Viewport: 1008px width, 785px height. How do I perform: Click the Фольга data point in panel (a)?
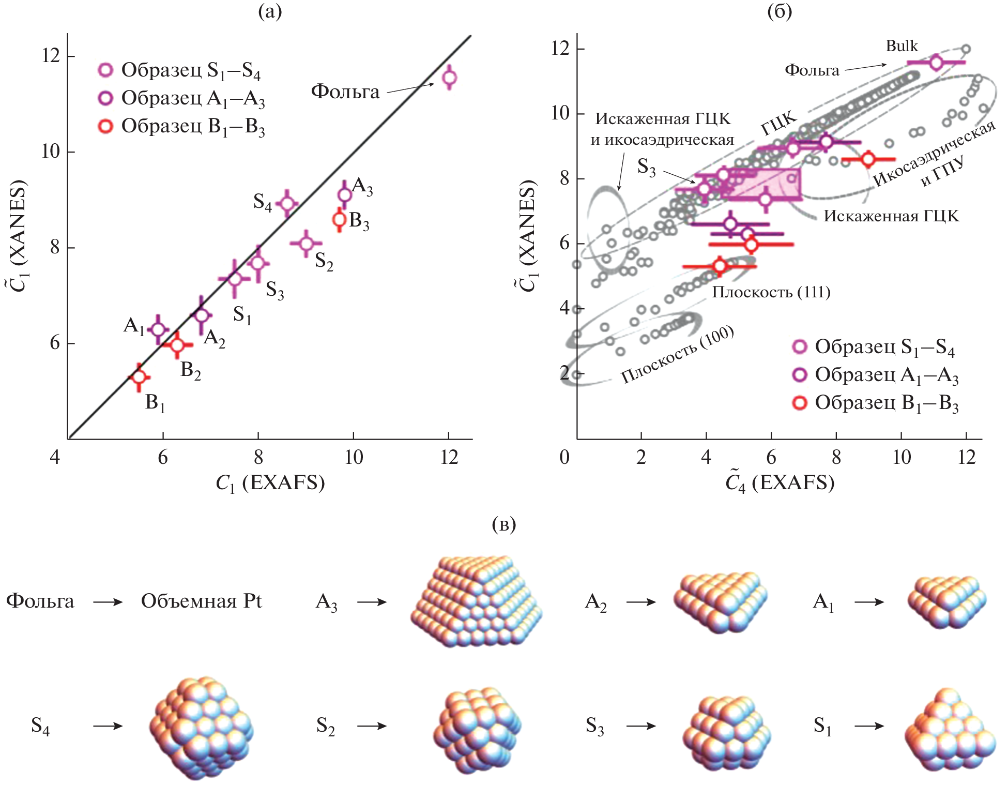(449, 78)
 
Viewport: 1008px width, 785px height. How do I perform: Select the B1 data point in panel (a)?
(139, 377)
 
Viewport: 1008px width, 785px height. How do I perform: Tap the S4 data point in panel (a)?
(287, 203)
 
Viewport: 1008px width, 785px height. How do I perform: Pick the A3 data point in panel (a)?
(345, 195)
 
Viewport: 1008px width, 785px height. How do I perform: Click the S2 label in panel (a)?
(324, 261)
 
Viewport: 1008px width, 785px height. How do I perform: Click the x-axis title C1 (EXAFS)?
(270, 483)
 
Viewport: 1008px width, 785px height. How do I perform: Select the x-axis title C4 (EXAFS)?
(780, 483)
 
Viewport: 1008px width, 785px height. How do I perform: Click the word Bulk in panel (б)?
(902, 46)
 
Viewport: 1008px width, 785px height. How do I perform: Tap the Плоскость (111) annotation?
(771, 293)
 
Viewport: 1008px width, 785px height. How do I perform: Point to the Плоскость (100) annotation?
(677, 354)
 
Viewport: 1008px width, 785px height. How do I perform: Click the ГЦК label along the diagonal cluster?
(779, 124)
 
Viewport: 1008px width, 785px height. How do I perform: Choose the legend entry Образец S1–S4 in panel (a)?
(181, 70)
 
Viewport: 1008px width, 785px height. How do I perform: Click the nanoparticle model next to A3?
(476, 601)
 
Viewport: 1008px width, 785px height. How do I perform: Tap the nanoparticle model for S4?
(201, 727)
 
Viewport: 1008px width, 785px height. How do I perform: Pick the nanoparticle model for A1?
(946, 602)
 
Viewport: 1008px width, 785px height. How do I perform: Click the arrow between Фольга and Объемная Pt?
(108, 602)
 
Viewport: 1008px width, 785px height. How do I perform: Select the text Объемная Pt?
(201, 601)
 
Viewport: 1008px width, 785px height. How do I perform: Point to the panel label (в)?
(504, 524)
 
